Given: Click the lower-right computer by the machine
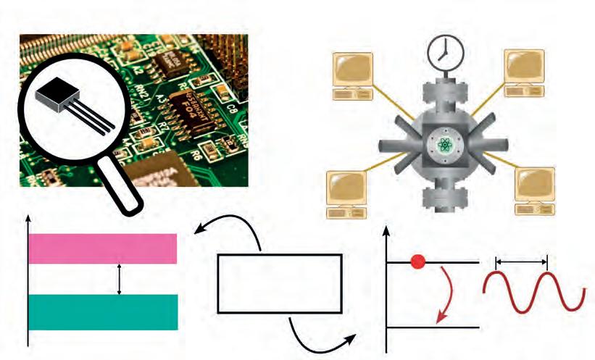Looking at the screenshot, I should [535, 190].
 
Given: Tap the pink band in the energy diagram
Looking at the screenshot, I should [103, 248].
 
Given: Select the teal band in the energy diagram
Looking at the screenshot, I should [103, 312].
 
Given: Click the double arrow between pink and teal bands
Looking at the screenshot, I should [120, 280].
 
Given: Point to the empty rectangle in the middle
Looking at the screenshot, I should [279, 282].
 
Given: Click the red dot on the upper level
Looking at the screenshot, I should [417, 261].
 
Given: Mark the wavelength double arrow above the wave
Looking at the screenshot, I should [521, 259].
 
